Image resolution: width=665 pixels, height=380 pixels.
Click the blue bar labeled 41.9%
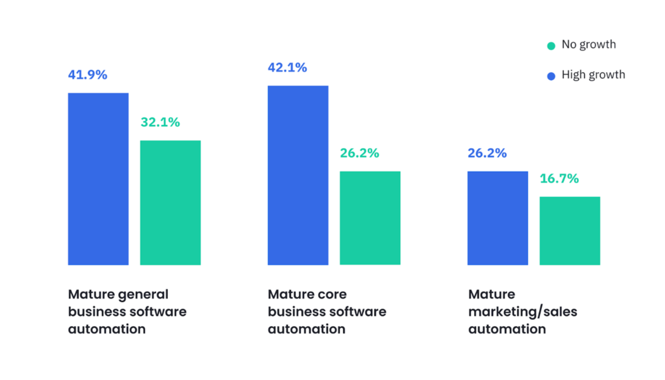point(98,179)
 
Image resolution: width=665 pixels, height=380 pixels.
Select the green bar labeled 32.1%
point(170,203)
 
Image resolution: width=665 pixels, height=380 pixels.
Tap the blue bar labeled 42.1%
point(298,175)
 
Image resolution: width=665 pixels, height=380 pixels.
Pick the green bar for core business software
point(370,218)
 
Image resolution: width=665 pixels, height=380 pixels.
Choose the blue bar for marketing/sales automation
point(498,218)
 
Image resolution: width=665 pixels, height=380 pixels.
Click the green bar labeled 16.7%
point(570,231)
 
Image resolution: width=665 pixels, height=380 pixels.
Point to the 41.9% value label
point(88,75)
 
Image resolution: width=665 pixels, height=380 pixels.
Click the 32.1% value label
point(160,122)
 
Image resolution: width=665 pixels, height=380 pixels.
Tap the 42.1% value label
point(287,68)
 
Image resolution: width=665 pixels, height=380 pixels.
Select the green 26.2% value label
point(360,153)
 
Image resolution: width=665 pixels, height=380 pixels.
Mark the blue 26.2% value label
point(487,153)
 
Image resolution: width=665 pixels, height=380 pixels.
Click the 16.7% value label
point(559,179)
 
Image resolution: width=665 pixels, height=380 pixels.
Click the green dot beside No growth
point(551,46)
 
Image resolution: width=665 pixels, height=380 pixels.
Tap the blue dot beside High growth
point(551,76)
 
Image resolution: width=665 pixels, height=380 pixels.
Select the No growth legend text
point(588,45)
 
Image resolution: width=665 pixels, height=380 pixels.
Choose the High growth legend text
point(593,75)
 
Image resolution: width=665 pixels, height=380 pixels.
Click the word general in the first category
point(143,295)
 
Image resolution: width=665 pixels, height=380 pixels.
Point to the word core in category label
point(332,294)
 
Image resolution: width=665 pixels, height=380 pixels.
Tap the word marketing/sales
point(522,312)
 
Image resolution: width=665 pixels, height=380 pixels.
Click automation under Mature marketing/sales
point(507,329)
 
